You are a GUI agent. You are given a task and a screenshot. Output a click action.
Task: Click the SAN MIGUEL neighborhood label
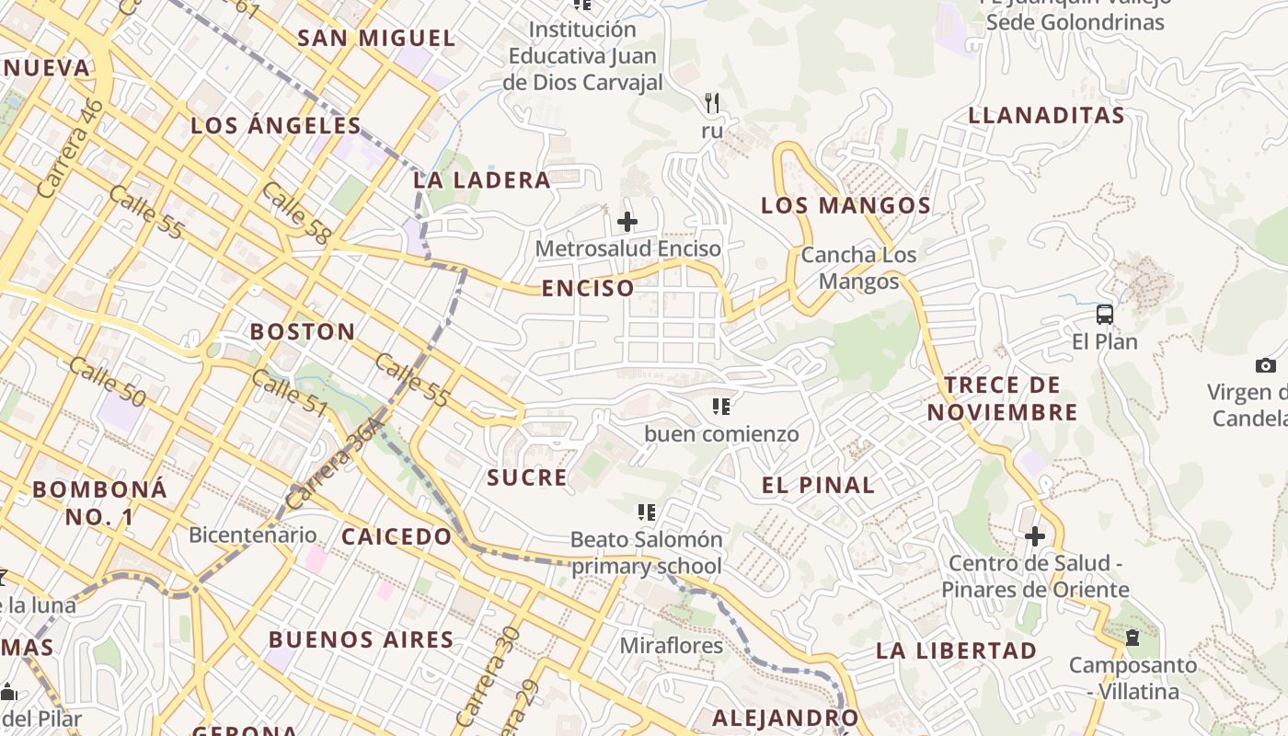pyautogui.click(x=377, y=39)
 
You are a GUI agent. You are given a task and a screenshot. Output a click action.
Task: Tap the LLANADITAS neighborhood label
pyautogui.click(x=1046, y=116)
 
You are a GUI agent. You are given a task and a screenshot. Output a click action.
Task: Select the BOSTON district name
pyautogui.click(x=303, y=331)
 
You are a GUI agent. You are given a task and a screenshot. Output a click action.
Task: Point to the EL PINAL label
pyautogui.click(x=818, y=485)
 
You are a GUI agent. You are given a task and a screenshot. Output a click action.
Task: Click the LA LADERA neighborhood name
pyautogui.click(x=482, y=180)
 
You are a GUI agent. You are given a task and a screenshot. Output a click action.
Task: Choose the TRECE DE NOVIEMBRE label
pyautogui.click(x=1002, y=398)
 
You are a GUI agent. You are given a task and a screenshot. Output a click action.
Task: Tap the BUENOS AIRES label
pyautogui.click(x=361, y=639)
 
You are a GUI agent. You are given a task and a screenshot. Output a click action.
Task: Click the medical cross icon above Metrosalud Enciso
pyautogui.click(x=627, y=222)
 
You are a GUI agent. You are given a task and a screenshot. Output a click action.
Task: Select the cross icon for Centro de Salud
pyautogui.click(x=1035, y=535)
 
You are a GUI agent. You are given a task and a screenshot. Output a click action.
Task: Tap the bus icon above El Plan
pyautogui.click(x=1105, y=315)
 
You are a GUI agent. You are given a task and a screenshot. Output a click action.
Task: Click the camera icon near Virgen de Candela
pyautogui.click(x=1266, y=365)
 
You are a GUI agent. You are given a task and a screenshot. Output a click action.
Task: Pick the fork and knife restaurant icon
pyautogui.click(x=711, y=102)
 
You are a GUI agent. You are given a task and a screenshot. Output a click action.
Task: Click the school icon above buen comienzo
pyautogui.click(x=721, y=406)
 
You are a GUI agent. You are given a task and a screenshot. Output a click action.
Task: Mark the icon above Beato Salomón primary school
pyautogui.click(x=647, y=512)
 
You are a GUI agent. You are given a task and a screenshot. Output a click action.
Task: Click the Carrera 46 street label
pyautogui.click(x=72, y=148)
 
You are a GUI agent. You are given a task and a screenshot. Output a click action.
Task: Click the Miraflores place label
pyautogui.click(x=671, y=646)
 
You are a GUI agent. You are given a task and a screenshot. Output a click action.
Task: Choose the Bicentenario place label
pyautogui.click(x=252, y=535)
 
